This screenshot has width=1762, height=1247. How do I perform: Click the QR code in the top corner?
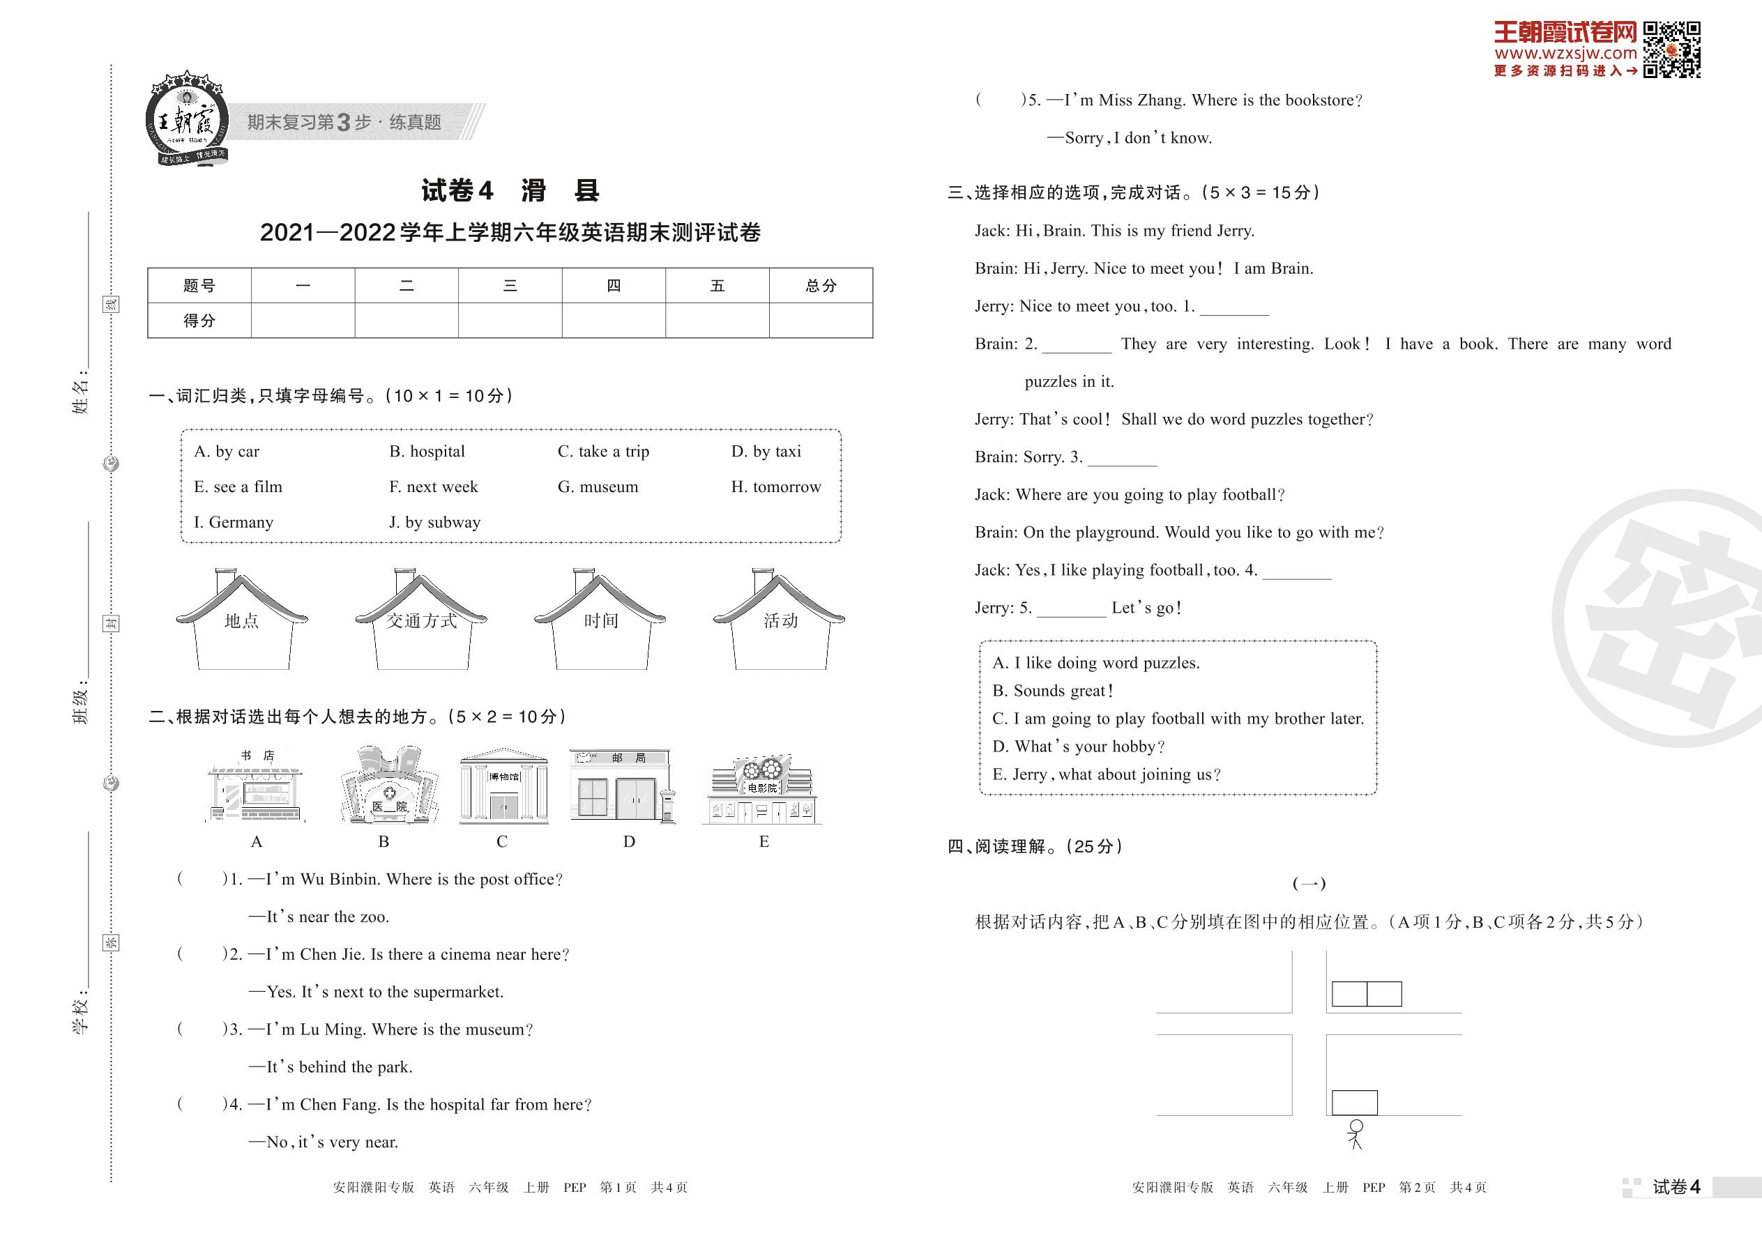(1671, 50)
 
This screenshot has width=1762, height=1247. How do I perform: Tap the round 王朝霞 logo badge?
(187, 119)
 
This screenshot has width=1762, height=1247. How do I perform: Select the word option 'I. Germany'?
(234, 522)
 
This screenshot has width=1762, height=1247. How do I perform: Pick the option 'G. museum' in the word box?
(598, 487)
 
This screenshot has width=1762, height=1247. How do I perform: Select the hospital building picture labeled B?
(389, 785)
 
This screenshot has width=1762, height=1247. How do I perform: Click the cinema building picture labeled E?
(762, 789)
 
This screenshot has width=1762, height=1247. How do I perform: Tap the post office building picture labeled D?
(622, 786)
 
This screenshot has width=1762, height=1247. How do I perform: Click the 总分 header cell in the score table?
(820, 286)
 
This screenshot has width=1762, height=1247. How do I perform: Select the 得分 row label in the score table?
(199, 320)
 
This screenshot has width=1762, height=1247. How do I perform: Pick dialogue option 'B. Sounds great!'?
(1053, 690)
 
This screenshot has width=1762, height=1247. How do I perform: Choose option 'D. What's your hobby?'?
(1079, 747)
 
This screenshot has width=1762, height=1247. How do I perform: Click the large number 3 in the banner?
(343, 122)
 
